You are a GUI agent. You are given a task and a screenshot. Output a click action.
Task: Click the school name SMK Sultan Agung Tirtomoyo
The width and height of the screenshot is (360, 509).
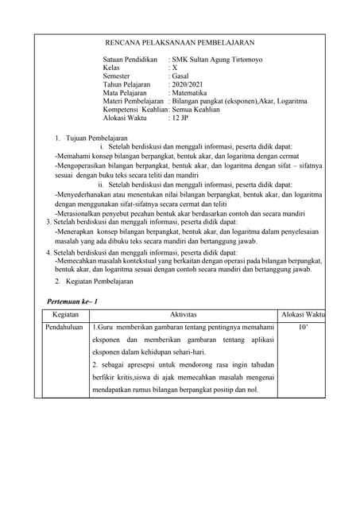pos(218,60)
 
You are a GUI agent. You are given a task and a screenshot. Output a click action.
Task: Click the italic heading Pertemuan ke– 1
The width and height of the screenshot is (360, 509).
pos(73,302)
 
